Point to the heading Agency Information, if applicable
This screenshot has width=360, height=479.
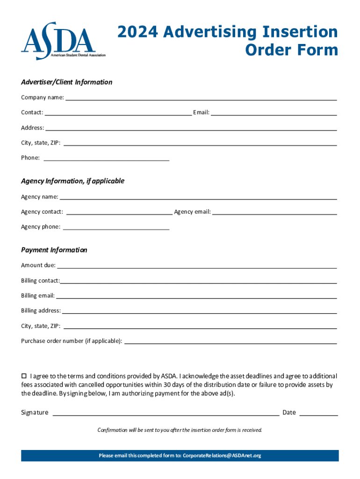click(x=72, y=181)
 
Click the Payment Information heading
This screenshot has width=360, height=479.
click(x=54, y=250)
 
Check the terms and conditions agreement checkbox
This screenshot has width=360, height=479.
click(x=24, y=376)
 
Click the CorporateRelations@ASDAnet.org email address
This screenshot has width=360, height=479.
click(x=222, y=456)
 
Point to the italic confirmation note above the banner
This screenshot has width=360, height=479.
click(x=180, y=430)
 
